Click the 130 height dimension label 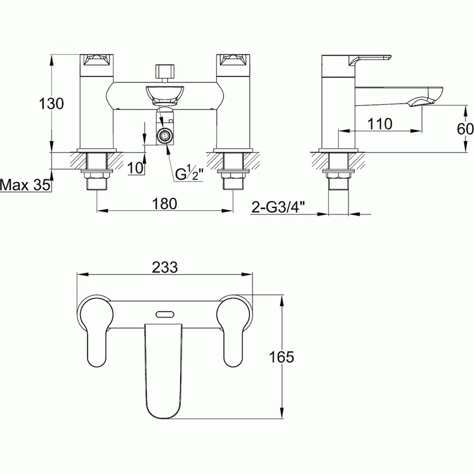click(52, 104)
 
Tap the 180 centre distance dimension click(165, 204)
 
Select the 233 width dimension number click(165, 267)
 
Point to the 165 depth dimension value click(281, 357)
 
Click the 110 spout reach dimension click(380, 124)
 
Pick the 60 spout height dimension click(465, 129)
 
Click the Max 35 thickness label click(25, 185)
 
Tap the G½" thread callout click(189, 174)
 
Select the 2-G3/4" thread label click(278, 208)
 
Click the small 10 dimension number click(135, 168)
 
